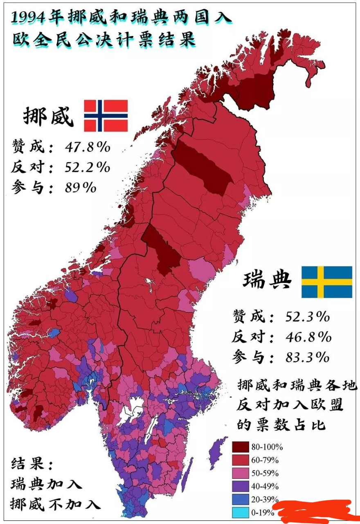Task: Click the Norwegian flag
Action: click(x=106, y=115)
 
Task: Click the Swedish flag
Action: click(x=326, y=282)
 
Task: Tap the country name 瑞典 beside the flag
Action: click(x=268, y=281)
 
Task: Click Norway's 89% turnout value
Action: click(x=81, y=187)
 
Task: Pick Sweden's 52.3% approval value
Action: click(x=308, y=316)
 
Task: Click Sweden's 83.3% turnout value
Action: click(x=308, y=357)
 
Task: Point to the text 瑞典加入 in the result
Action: click(x=46, y=484)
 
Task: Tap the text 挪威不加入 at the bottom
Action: click(x=55, y=504)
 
